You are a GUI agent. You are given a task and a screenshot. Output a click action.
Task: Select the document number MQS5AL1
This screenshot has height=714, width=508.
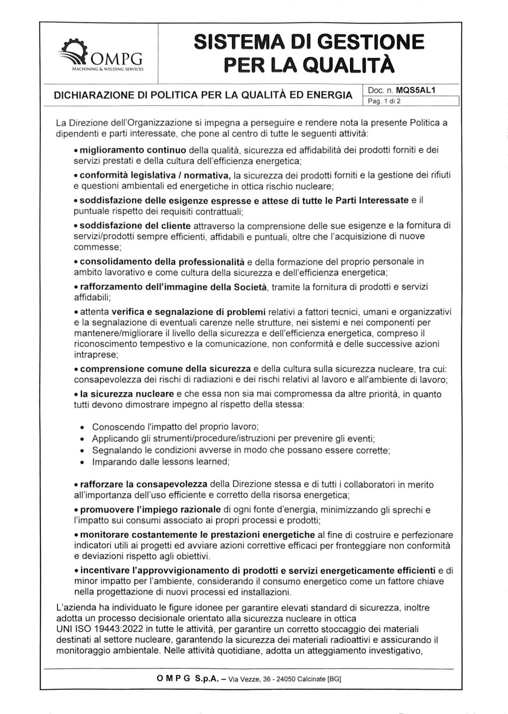(415, 90)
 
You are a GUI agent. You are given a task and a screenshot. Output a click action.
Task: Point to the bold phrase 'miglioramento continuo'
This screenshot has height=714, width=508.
(133, 150)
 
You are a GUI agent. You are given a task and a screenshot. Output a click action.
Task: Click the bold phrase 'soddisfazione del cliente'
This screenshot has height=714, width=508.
(135, 226)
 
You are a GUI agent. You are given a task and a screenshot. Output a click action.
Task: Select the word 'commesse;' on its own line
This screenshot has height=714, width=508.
(97, 247)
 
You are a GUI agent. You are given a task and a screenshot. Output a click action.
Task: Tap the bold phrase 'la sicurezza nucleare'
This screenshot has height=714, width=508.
(127, 394)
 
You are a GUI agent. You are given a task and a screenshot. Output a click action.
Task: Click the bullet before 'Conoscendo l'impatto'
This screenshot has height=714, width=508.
(83, 428)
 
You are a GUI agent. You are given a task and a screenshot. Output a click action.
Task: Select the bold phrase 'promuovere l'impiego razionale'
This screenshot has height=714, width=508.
(150, 510)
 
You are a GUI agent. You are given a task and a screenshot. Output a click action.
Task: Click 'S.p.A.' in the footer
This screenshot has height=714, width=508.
(207, 679)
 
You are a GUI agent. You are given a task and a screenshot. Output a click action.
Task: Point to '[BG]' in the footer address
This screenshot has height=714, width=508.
(334, 679)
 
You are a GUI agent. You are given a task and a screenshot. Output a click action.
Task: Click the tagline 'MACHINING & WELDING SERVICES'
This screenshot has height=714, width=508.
(108, 70)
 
